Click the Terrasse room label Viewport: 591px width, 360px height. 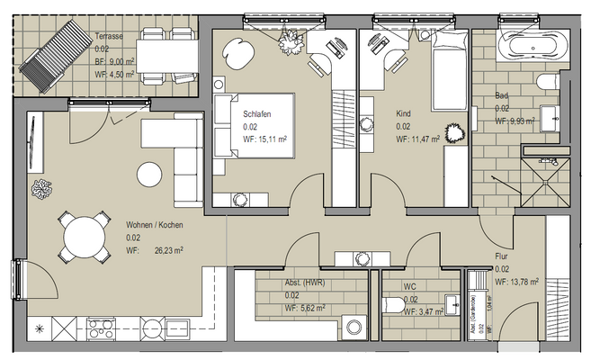[111, 37]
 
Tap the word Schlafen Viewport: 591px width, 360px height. [257, 114]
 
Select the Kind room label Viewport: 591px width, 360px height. [403, 114]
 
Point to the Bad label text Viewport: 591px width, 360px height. [501, 95]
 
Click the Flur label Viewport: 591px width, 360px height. [501, 256]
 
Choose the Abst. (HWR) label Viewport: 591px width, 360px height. [305, 283]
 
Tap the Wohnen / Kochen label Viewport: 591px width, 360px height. [156, 225]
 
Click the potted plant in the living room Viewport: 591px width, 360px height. [41, 190]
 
